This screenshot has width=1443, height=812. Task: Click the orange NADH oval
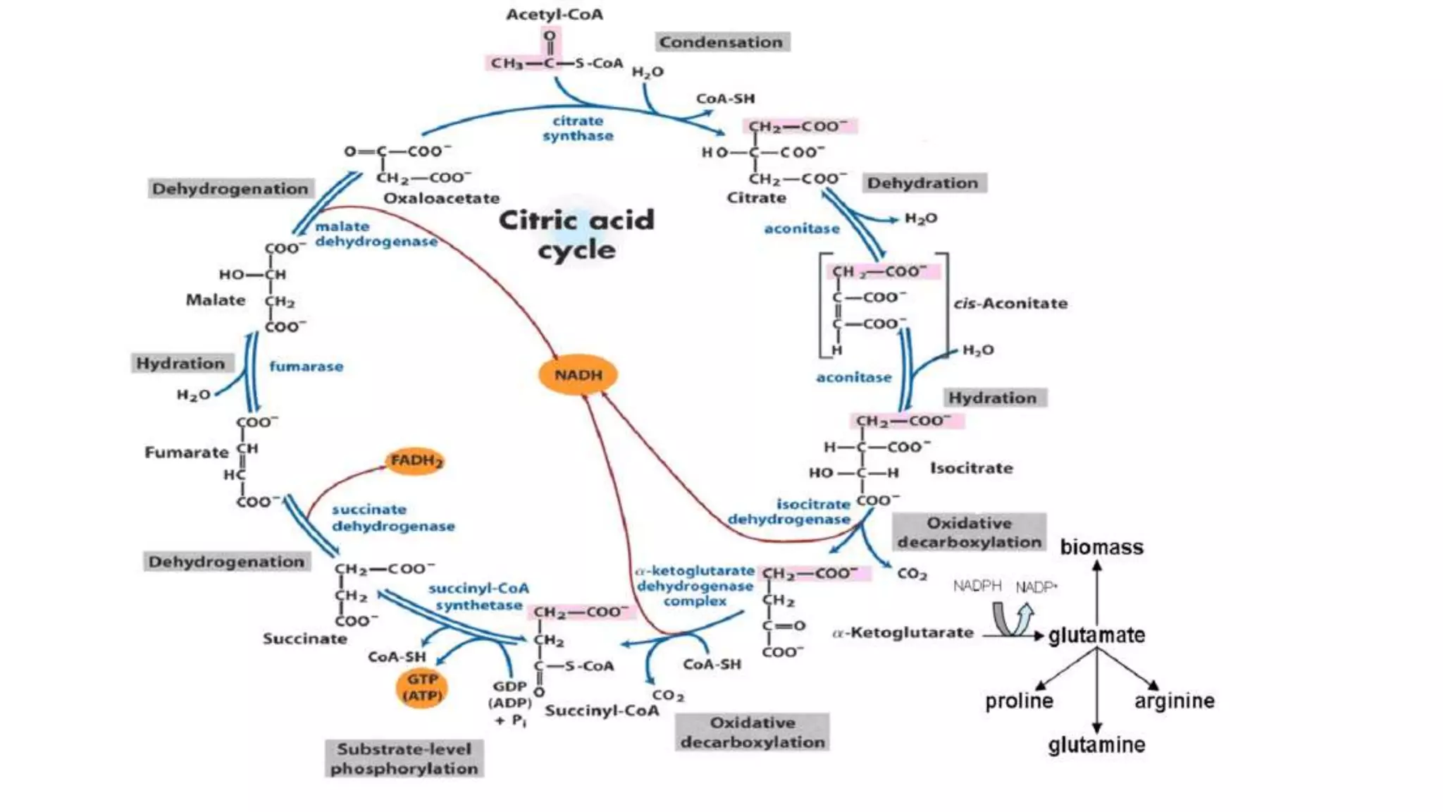[x=578, y=374]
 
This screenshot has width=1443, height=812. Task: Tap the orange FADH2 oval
[x=416, y=461]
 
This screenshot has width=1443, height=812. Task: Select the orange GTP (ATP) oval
[x=422, y=688]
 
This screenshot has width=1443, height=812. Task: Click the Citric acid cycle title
[x=576, y=235]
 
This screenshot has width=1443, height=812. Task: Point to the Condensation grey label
[x=721, y=42]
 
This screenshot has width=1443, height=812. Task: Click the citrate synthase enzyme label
[x=578, y=128]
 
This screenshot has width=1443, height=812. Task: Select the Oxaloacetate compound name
[x=441, y=199]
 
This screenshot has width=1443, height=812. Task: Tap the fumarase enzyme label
[x=306, y=367]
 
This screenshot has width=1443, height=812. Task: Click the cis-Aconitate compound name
[x=1010, y=304]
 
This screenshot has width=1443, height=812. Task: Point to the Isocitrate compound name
[x=971, y=468]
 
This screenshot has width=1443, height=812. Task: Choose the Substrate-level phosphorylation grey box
[x=404, y=758]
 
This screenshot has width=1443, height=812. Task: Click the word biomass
[x=1101, y=548]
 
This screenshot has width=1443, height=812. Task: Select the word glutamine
[x=1096, y=745]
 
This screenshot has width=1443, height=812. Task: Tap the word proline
[x=1019, y=701]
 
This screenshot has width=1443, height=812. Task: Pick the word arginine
[x=1175, y=701]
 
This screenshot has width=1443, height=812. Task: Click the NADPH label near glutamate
[x=977, y=586]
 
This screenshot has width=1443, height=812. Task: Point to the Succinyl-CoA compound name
[x=602, y=710]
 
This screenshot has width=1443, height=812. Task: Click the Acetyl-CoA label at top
[x=555, y=15]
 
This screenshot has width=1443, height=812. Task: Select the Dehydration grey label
[x=922, y=183]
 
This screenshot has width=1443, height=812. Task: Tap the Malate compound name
[x=216, y=300]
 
